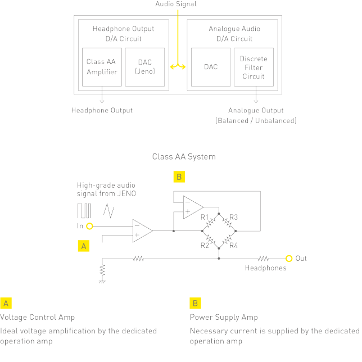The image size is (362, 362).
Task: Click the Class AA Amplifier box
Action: tap(102, 66)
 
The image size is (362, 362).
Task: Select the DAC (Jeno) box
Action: tap(144, 66)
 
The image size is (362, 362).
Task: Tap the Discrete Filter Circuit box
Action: tap(254, 67)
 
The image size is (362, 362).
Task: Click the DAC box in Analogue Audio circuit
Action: tap(211, 67)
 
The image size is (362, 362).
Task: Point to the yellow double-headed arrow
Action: tap(178, 67)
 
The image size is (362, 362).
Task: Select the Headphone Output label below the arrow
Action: tap(102, 110)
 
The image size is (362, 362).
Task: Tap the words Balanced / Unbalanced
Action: tap(256, 120)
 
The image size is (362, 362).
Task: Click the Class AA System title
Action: tap(183, 156)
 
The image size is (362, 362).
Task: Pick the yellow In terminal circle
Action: tap(89, 225)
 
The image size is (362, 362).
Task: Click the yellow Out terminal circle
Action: tap(289, 259)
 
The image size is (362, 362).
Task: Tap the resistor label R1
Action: tap(205, 217)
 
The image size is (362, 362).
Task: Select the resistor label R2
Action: tap(205, 245)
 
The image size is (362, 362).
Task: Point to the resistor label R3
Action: tap(234, 217)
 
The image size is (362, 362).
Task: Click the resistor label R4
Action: tap(234, 245)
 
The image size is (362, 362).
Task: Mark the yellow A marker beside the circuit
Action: tap(84, 246)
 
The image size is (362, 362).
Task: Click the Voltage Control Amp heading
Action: tap(38, 317)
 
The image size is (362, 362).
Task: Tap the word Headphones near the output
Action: tap(265, 268)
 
